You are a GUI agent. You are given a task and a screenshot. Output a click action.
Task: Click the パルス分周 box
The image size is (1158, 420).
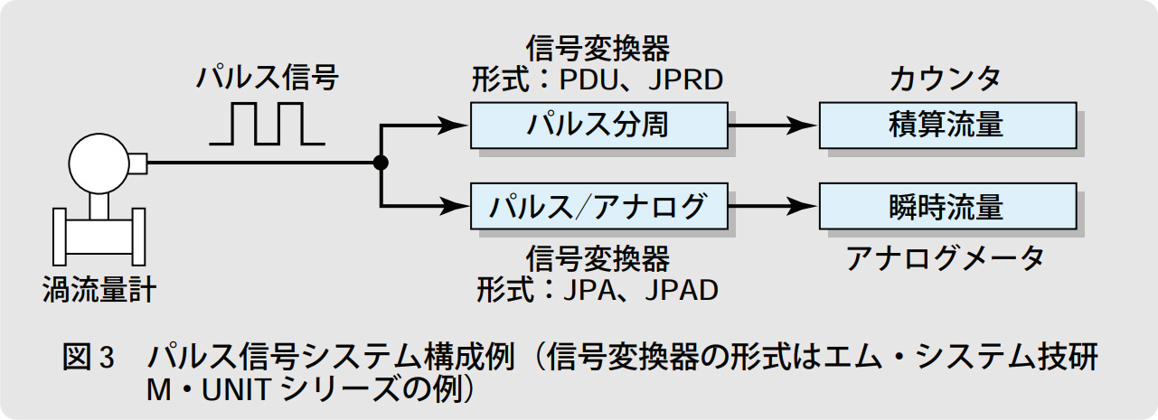click(x=598, y=125)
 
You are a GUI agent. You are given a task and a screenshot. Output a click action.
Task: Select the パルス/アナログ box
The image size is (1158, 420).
click(x=598, y=206)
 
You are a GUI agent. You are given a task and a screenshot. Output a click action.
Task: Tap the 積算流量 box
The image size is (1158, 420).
click(x=946, y=125)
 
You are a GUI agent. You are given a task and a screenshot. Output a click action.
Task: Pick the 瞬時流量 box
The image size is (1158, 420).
click(x=946, y=206)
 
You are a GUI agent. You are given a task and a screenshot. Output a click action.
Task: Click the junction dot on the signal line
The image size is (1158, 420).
click(x=381, y=163)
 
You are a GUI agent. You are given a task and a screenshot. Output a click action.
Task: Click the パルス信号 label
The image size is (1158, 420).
click(x=268, y=79)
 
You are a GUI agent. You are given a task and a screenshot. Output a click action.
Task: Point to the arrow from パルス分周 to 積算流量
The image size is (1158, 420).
click(x=773, y=126)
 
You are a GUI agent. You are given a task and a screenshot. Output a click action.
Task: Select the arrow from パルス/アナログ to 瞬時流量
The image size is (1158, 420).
click(x=773, y=207)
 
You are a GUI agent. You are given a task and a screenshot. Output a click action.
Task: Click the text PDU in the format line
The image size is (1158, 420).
click(x=588, y=79)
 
